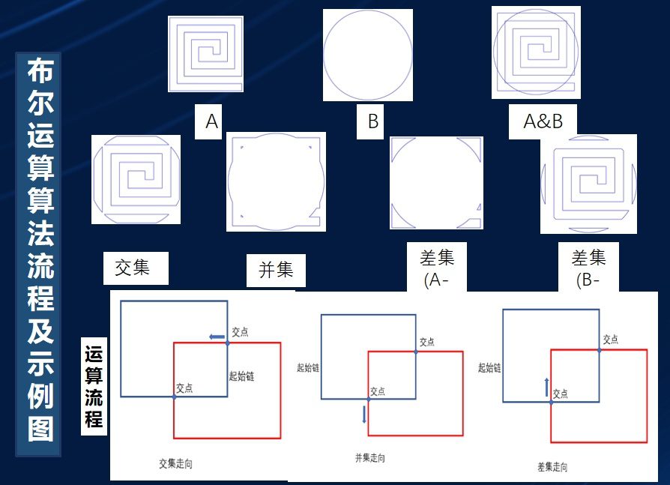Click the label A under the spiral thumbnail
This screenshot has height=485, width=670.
click(x=211, y=121)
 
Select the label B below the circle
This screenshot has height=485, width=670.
click(x=372, y=121)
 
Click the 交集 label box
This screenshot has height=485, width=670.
click(x=133, y=268)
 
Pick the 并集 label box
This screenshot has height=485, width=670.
click(x=276, y=270)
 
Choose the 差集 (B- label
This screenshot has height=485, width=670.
click(x=588, y=268)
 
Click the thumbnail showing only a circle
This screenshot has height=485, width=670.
click(x=367, y=55)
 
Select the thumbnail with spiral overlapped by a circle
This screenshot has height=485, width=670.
click(x=537, y=52)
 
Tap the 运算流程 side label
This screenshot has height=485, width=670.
click(x=94, y=387)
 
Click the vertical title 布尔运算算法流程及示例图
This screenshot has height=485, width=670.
click(x=40, y=254)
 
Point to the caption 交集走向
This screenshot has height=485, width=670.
click(x=176, y=464)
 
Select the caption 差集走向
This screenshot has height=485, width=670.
click(x=553, y=466)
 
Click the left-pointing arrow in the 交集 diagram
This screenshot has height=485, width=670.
click(x=216, y=337)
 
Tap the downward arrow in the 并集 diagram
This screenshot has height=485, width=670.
click(x=364, y=414)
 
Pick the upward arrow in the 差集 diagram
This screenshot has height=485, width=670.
click(x=547, y=386)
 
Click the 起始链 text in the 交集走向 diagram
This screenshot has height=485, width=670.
click(x=241, y=376)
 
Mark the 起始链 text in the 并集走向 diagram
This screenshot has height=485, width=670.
click(x=308, y=367)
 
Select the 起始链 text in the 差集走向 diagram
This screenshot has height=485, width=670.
click(x=489, y=367)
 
